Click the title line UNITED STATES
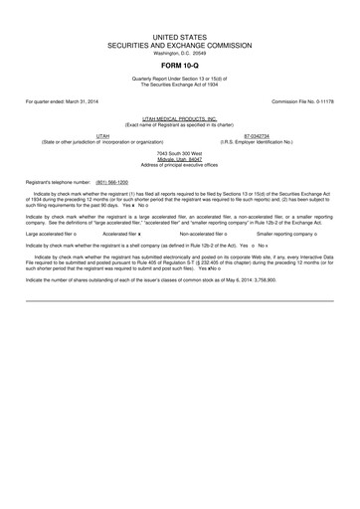tap(179, 36)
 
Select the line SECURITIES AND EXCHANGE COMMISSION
tap(179, 45)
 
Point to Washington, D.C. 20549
tap(179, 53)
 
